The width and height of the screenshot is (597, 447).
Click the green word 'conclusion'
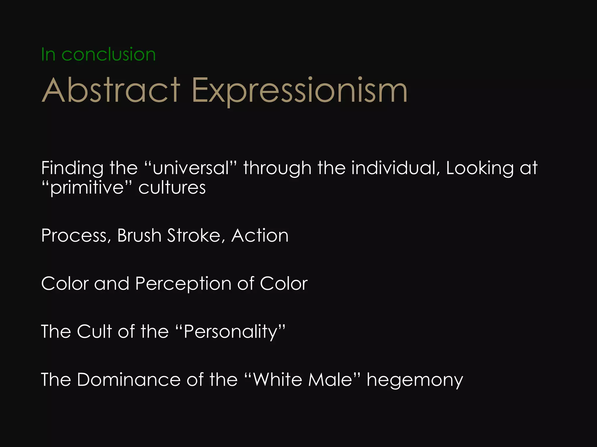[x=108, y=54]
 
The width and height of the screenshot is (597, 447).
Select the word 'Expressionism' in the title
[x=299, y=91]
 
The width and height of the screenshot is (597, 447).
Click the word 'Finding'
[x=72, y=168]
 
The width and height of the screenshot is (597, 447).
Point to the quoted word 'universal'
[x=191, y=168]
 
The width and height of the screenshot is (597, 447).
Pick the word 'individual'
[x=395, y=168]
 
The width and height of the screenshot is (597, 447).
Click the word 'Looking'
[x=480, y=168]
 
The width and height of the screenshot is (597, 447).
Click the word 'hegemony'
[x=415, y=380]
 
